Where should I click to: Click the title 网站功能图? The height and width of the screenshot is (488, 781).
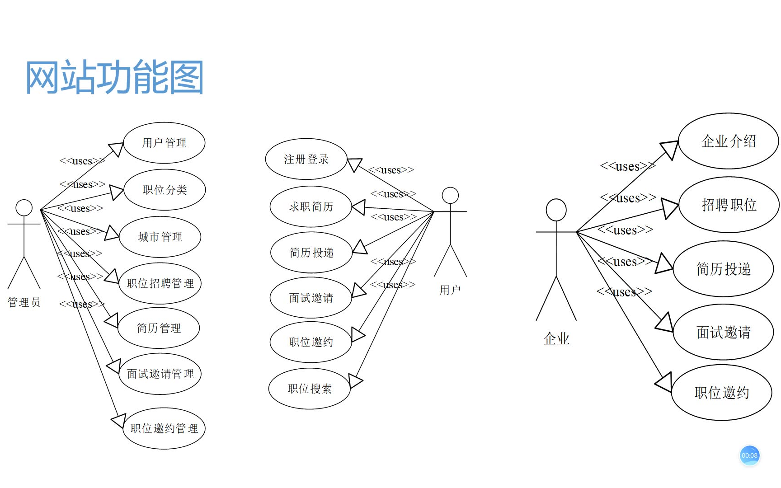coord(115,77)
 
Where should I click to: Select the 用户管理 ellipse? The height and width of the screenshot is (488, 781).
coord(164,143)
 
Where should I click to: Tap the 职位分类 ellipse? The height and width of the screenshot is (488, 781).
coord(165,190)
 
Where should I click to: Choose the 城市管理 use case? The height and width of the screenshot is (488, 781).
coord(160,237)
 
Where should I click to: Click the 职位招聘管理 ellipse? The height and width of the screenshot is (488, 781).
coord(160,283)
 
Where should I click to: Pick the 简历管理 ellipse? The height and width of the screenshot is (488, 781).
coord(159,328)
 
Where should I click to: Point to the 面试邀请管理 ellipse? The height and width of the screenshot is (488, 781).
coord(160,374)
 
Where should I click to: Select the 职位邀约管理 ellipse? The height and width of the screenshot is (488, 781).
coord(164,428)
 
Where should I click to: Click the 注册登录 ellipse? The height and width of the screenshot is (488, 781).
coord(306,159)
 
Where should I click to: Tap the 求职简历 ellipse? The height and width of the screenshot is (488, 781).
coord(311,206)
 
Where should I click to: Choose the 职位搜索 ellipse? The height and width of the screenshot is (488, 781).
coord(310,389)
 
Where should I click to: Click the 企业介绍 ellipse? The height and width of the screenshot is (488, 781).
coord(728,141)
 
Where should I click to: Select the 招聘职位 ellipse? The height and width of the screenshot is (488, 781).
coord(729,205)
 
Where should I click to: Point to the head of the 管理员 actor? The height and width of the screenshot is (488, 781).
coord(24,208)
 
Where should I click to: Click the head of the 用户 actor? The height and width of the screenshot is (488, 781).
coord(450,196)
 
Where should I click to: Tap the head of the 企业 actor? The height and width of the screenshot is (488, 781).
coord(556,210)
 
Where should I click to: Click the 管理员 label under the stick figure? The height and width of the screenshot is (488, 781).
coord(24,302)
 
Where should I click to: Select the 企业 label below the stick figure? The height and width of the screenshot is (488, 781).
coord(556,338)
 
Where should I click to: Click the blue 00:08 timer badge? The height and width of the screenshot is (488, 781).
coord(749,455)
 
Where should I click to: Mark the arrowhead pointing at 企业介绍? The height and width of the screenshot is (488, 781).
coord(670,149)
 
